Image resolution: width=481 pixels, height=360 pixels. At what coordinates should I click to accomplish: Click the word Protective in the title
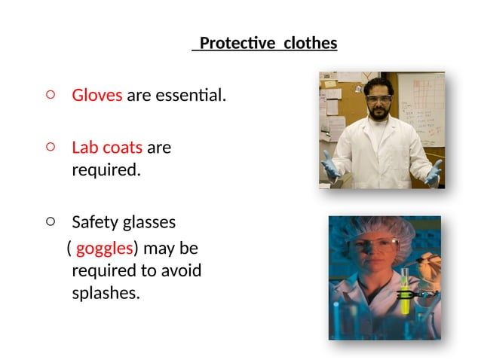click(x=237, y=44)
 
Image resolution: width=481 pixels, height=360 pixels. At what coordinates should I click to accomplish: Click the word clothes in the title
click(x=310, y=44)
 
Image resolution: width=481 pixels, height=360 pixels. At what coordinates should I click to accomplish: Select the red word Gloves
click(x=97, y=96)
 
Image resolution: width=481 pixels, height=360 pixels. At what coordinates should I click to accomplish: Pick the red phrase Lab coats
click(x=106, y=148)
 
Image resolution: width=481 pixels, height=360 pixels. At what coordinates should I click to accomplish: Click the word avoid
click(x=182, y=270)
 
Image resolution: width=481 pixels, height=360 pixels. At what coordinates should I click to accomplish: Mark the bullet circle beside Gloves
click(x=50, y=95)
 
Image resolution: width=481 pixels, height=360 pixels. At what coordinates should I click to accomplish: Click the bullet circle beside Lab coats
click(x=50, y=147)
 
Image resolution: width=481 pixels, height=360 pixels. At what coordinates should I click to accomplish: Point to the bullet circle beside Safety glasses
click(x=50, y=221)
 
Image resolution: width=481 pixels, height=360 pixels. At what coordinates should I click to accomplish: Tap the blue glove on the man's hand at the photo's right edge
click(x=433, y=172)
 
